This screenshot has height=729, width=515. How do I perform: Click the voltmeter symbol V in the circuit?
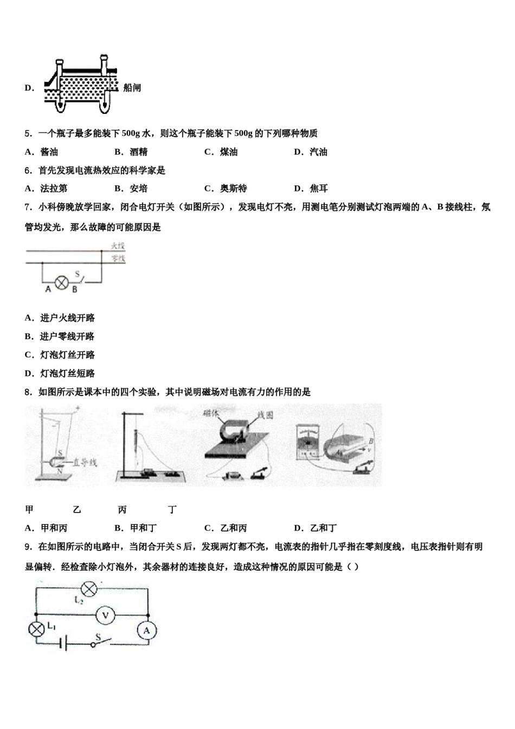(x=106, y=615)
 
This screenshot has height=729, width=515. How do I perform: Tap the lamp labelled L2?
(x=88, y=589)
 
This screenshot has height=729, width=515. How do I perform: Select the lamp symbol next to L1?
(x=37, y=629)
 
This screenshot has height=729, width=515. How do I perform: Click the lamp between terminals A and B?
(x=62, y=282)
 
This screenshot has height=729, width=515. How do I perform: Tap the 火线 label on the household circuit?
(x=118, y=246)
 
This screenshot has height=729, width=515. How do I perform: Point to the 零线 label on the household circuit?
(x=118, y=259)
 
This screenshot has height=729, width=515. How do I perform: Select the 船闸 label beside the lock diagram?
(x=132, y=88)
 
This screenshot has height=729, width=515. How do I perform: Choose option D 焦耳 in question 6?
(x=311, y=189)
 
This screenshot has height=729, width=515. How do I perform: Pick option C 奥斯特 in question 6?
(x=226, y=189)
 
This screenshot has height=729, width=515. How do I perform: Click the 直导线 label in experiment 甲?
(x=85, y=462)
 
